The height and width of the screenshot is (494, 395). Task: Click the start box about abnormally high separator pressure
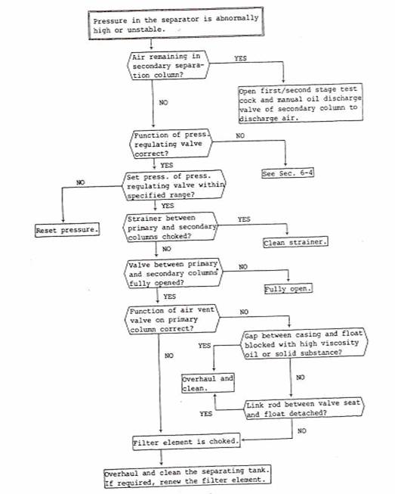point(176,24)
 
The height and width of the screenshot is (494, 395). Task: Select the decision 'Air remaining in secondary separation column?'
point(168,65)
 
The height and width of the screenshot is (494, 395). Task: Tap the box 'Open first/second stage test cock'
point(301,103)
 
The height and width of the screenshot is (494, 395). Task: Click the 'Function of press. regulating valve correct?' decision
point(171,144)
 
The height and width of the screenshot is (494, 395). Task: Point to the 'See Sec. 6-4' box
point(288,173)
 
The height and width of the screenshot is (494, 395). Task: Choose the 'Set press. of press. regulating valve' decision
point(174,185)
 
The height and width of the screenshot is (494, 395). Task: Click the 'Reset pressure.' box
point(67,230)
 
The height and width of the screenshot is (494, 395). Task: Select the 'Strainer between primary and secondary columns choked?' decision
point(171,227)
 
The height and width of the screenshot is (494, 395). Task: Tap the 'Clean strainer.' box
point(295,242)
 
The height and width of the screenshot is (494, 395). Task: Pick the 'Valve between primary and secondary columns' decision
point(173,273)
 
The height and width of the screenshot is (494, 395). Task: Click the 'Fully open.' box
point(288,288)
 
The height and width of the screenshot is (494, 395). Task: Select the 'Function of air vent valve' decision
point(172,319)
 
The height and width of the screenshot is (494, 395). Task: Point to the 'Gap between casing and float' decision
point(304,343)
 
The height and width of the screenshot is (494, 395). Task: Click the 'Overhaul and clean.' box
point(208,383)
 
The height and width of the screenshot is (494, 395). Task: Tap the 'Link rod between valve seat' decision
point(304,409)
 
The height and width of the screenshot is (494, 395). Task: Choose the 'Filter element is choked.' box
point(186,442)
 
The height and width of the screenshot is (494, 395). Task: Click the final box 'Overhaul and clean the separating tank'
point(187,476)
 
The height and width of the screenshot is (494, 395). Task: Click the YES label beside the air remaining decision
point(240,58)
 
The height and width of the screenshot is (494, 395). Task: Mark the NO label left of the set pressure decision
point(81,182)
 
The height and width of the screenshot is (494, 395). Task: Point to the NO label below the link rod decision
point(301,430)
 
